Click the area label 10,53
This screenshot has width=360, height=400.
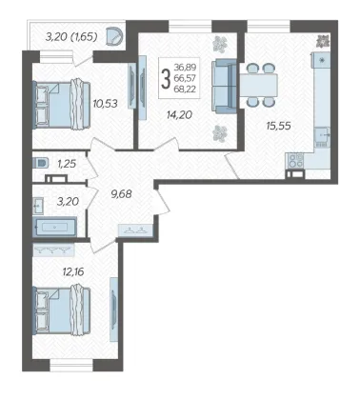coord(105,104)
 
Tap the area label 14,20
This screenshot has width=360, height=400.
coord(179,114)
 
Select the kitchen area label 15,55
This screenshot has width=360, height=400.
coord(278,126)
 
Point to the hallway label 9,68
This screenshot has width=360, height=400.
coord(121,193)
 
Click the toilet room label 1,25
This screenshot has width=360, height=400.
coord(67,164)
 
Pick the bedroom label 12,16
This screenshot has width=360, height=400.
coord(73,271)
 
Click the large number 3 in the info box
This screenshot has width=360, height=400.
coord(166,79)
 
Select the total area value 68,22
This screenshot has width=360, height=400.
coord(185,90)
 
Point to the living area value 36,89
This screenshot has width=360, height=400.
coord(185,67)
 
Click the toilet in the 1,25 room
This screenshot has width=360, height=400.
coord(40,164)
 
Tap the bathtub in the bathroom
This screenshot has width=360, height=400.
coord(54,227)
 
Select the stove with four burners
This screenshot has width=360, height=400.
coord(295,160)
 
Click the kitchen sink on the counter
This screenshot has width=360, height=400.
coord(322,135)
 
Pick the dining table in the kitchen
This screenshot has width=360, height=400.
coord(258,85)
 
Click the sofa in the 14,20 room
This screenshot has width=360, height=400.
coord(224,86)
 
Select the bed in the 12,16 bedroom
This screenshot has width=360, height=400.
coord(62,310)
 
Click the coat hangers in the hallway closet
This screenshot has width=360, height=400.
coord(135,230)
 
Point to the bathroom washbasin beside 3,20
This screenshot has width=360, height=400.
coord(38,206)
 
